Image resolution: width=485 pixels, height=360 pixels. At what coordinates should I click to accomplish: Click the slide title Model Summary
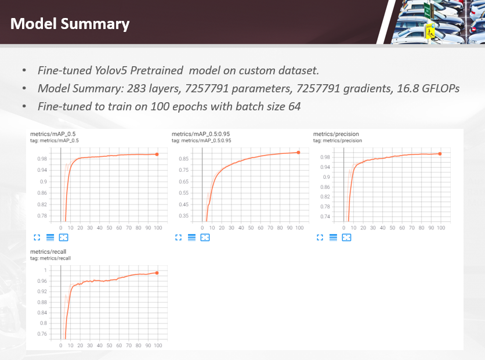pos(70,24)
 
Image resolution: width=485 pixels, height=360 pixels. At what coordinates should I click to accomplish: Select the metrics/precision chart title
pos(336,134)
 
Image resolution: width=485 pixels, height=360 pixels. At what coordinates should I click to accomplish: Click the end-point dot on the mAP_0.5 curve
pos(157,154)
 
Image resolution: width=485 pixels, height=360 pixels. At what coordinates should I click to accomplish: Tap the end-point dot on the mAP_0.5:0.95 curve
pos(298,152)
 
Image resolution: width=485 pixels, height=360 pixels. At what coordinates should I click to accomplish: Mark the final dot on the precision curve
pos(440,153)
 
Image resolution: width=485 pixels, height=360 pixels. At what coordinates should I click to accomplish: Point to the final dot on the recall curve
pos(157,272)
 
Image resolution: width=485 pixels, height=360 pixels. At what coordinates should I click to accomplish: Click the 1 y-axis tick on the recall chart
pos(46,271)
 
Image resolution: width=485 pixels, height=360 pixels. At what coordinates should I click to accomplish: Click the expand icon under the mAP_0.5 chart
pos(37,237)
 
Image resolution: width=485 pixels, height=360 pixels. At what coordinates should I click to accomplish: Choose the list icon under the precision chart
pos(333,237)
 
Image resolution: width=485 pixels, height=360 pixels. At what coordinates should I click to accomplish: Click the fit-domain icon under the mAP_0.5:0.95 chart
pos(205,237)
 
